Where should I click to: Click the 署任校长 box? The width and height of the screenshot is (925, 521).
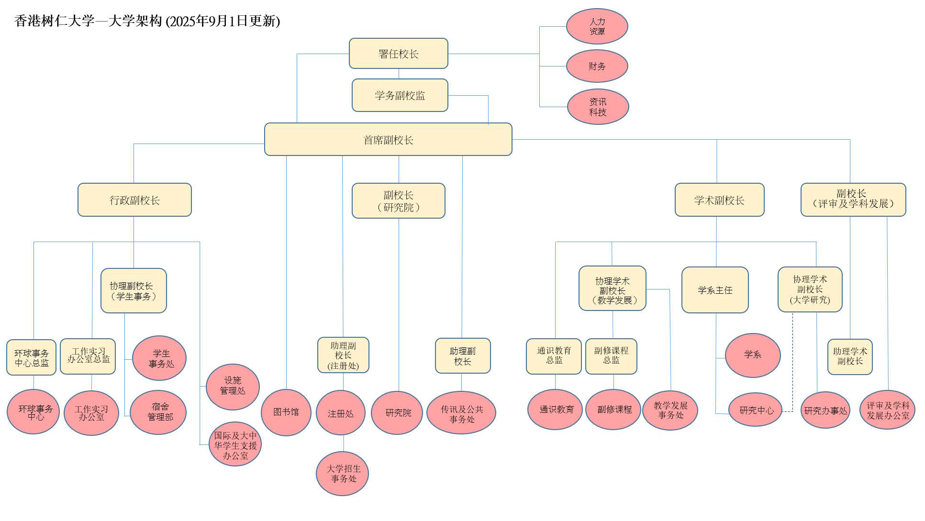point(399,54)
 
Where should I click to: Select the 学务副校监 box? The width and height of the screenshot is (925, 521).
point(400,95)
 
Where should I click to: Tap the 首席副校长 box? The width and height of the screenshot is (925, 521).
point(388,139)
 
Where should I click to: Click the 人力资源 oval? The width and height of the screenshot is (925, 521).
point(597,26)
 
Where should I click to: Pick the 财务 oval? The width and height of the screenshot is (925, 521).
point(597,66)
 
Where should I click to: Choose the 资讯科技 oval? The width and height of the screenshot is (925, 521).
point(598,107)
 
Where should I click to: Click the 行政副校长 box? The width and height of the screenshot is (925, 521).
point(134,200)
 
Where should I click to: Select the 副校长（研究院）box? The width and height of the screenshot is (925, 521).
point(399,200)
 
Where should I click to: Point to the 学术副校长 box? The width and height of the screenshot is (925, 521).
point(720,200)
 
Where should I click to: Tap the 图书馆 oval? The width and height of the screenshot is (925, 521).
point(286,412)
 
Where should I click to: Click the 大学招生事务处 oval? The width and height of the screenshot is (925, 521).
point(343,474)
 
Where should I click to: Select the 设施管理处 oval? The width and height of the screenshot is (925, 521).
point(233,387)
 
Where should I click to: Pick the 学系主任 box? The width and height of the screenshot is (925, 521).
point(715,290)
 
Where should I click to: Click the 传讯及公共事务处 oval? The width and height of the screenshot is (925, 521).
point(461,413)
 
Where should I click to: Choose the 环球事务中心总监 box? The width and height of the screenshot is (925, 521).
point(32,357)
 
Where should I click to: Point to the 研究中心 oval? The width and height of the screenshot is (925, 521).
point(755,410)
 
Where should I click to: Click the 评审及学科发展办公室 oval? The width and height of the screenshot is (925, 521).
point(888,410)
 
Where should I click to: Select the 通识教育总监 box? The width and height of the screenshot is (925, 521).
point(554,356)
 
